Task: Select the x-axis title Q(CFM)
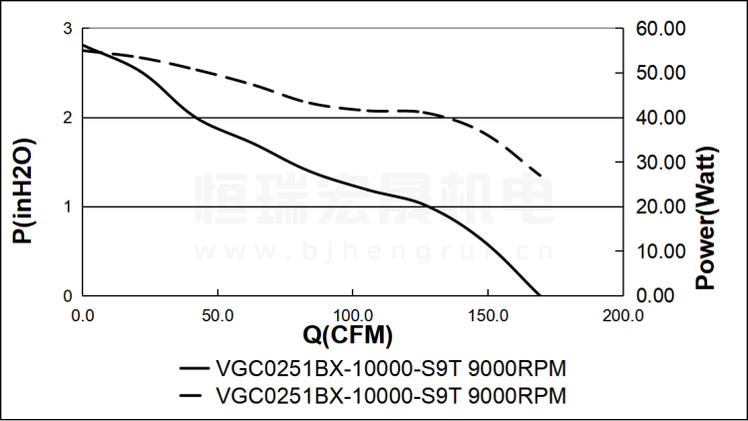pyautogui.click(x=348, y=333)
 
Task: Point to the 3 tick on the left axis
pyautogui.click(x=68, y=29)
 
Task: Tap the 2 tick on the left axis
pyautogui.click(x=68, y=118)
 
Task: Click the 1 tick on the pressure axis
pyautogui.click(x=68, y=207)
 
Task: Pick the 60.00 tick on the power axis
pyautogui.click(x=660, y=29)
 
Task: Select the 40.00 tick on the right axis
pyautogui.click(x=660, y=118)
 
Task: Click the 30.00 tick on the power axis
pyautogui.click(x=660, y=163)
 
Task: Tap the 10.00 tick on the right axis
pyautogui.click(x=660, y=251)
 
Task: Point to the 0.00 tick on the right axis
pyautogui.click(x=660, y=295)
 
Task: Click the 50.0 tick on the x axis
pyautogui.click(x=217, y=314)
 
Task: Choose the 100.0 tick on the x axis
pyautogui.click(x=352, y=314)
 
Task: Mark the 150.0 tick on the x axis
pyautogui.click(x=488, y=314)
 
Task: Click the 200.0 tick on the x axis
pyautogui.click(x=622, y=314)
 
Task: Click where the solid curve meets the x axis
pyautogui.click(x=540, y=295)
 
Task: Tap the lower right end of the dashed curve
pyautogui.click(x=541, y=176)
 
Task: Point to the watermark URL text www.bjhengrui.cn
pyautogui.click(x=374, y=249)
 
